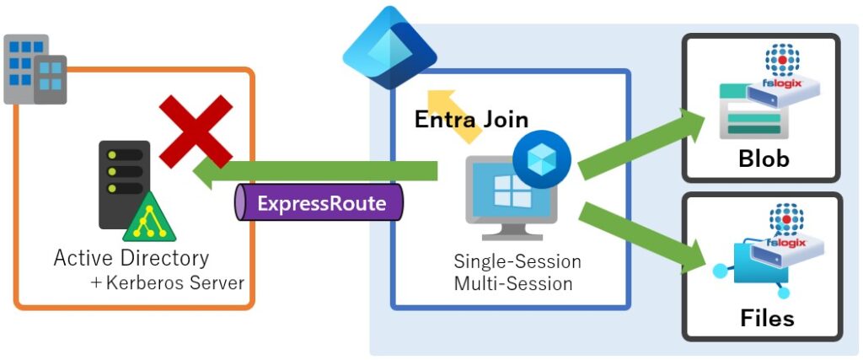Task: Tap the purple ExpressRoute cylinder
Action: click(319, 203)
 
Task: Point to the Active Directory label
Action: click(131, 257)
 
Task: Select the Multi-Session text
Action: click(512, 283)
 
